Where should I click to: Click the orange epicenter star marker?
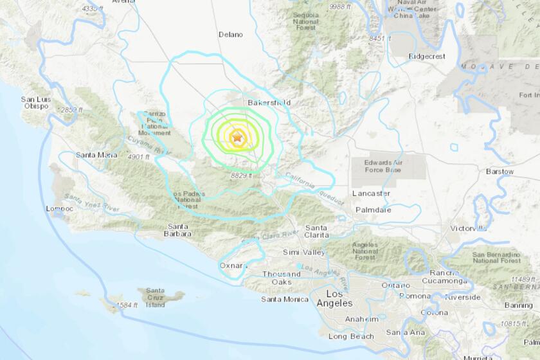coord(237,137)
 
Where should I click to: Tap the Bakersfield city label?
coord(269,102)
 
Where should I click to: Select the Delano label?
coord(231,34)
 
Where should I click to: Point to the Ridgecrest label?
coord(427,56)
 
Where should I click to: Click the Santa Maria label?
coord(95,155)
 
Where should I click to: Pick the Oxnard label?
coord(233,265)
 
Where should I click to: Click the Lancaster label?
coord(371,193)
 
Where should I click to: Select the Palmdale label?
coord(372,209)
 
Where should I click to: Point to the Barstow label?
coord(500,172)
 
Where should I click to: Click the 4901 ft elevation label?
coord(138,156)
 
